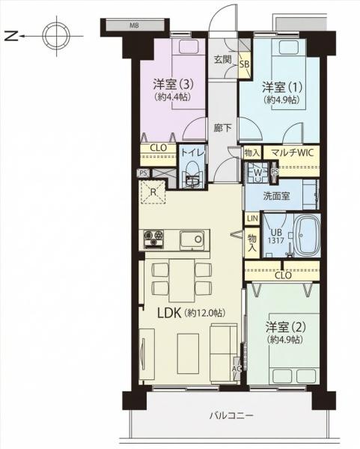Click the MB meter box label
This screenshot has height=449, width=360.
[134, 25]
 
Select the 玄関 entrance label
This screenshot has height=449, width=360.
[223, 60]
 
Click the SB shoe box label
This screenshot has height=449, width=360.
[245, 64]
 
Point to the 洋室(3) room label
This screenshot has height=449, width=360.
[174, 85]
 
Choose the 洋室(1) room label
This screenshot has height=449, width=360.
[282, 87]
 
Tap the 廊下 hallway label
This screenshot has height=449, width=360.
[223, 128]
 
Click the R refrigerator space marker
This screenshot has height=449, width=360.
[153, 192]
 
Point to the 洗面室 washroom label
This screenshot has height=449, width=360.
[276, 196]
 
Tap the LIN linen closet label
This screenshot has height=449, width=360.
[252, 219]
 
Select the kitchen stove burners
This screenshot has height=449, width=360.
[153, 238]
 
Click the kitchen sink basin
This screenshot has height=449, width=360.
[192, 240]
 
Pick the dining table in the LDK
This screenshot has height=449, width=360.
[182, 280]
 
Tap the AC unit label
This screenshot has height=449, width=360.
[237, 368]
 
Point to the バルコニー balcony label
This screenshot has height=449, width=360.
[232, 415]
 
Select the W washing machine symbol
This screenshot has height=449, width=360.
[258, 172]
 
